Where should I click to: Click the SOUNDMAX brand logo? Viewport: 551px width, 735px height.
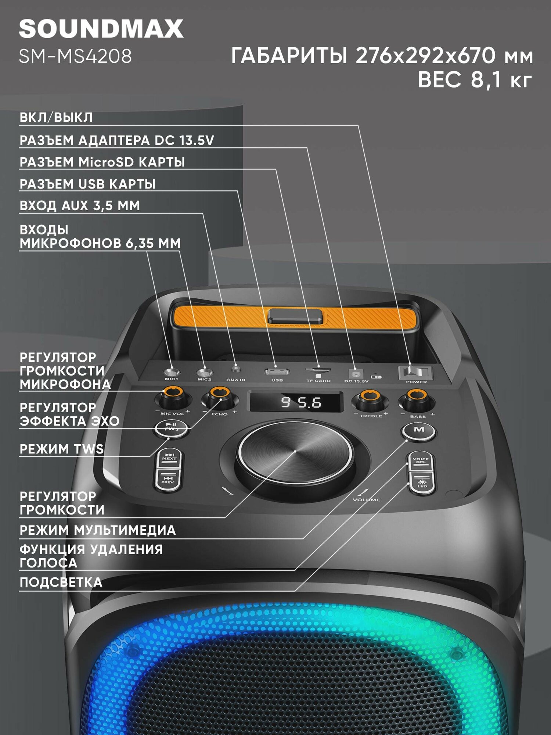point(101,29)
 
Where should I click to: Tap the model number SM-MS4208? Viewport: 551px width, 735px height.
point(75,57)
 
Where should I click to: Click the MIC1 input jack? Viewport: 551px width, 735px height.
point(172,372)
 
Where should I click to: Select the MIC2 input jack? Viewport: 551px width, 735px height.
point(204,373)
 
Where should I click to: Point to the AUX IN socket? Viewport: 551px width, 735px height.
point(236,369)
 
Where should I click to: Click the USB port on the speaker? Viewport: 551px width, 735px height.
point(277,372)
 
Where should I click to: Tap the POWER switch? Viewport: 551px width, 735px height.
point(415,373)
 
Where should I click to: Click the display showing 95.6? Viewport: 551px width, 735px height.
point(296,402)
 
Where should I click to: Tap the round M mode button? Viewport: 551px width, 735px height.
point(419,430)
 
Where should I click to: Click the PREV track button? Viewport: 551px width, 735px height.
point(168,480)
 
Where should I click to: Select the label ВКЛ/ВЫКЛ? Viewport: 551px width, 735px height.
point(56,118)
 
